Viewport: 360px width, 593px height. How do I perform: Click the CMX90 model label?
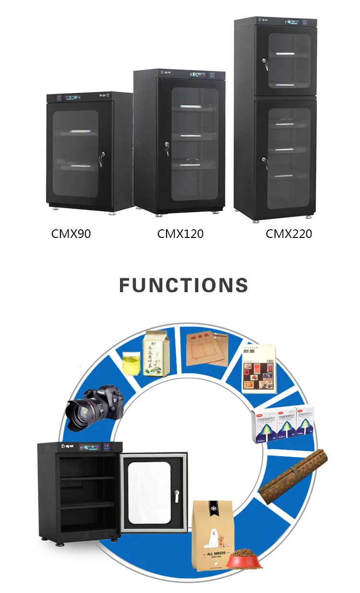point(71,234)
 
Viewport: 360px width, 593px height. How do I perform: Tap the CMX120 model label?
point(180,234)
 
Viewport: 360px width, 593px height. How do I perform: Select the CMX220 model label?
point(289,234)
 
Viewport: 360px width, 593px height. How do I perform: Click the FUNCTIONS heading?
point(184,285)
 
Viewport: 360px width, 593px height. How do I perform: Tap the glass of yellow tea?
point(131,363)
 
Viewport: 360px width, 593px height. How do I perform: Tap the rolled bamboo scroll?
point(293,472)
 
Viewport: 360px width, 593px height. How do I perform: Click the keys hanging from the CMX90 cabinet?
point(101,161)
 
